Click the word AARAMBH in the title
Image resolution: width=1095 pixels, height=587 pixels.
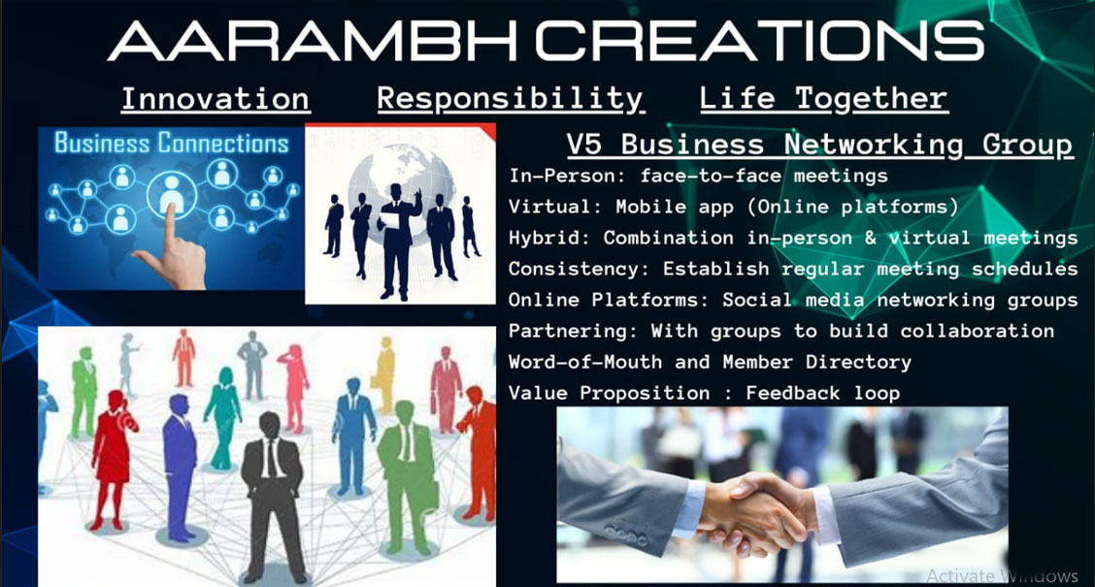tap(313, 41)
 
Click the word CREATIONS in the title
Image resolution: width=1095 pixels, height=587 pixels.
tap(760, 41)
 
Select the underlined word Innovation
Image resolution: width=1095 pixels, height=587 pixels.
tap(216, 98)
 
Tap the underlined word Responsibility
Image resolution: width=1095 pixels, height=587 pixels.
tap(511, 99)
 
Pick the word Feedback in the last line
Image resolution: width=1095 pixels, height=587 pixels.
tap(793, 393)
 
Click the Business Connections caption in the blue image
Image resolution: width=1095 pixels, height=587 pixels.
tap(171, 143)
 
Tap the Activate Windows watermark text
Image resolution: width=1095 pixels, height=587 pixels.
tap(1002, 575)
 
